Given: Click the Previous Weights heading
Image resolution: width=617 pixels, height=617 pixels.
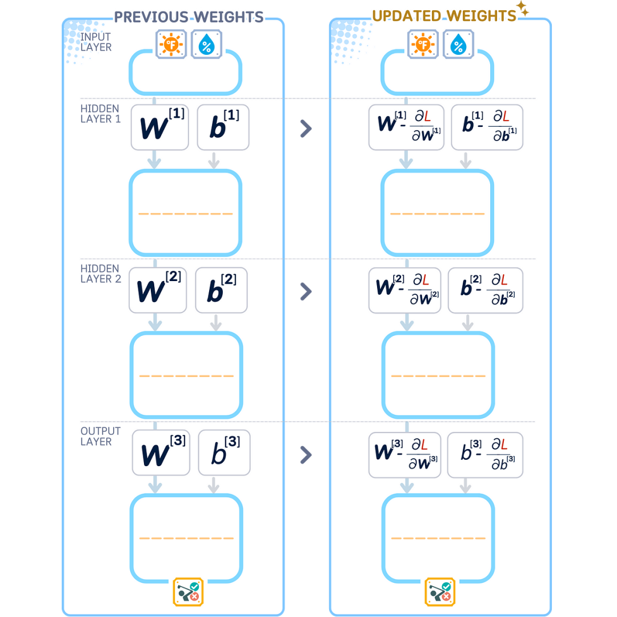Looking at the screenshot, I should [x=189, y=16].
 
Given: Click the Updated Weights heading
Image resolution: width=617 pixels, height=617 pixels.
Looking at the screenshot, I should [x=444, y=15].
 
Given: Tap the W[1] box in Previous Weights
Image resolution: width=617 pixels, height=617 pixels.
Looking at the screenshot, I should [x=160, y=127].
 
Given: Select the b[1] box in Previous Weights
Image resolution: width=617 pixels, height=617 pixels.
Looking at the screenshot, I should [x=223, y=127].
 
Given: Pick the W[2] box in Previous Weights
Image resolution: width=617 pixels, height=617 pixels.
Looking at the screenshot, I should [x=158, y=290].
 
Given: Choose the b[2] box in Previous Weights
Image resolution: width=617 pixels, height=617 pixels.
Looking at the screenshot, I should [x=221, y=290].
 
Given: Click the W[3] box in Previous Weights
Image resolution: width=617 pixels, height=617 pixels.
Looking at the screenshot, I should [x=161, y=452].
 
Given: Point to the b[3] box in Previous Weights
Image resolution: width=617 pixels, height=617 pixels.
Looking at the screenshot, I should [x=224, y=452].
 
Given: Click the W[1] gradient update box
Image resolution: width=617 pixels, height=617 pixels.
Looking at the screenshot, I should [x=406, y=127].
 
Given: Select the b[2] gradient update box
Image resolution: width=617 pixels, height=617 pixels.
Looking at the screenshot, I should [x=485, y=290].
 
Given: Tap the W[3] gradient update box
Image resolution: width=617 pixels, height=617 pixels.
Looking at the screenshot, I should [x=406, y=454].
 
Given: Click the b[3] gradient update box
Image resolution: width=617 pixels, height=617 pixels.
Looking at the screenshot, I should [x=485, y=454].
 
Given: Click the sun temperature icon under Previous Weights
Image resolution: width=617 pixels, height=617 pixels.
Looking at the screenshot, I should [x=171, y=45].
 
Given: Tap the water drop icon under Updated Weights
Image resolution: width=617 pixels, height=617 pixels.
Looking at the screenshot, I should [x=458, y=45].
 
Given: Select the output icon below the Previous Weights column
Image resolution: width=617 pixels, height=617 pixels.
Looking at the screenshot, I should [x=188, y=591].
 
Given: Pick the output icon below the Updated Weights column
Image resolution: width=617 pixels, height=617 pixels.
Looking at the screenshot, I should [x=439, y=591].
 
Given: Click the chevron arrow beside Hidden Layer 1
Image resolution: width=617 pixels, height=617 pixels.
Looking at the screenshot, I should [x=306, y=129].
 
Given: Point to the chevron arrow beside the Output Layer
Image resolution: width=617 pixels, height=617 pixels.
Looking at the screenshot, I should [x=306, y=455].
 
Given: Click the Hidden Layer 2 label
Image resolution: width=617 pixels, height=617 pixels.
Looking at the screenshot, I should [x=100, y=274].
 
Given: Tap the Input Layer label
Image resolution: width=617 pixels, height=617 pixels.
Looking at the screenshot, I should [x=96, y=42].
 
